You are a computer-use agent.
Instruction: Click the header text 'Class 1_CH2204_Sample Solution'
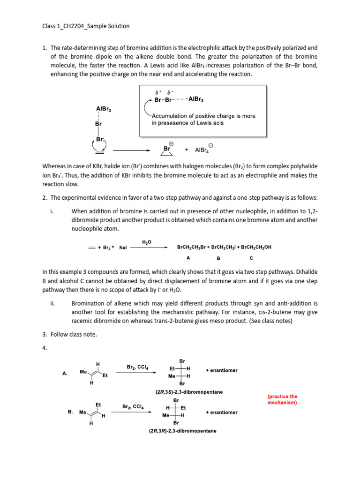tap(86, 26)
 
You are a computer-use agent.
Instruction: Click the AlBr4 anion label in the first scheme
tap(204, 150)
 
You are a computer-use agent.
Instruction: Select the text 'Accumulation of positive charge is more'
tap(204, 116)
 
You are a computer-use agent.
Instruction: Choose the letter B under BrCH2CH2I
tap(218, 258)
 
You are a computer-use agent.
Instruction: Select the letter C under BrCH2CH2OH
tap(251, 258)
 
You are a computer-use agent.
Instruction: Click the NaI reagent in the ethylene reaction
tap(123, 247)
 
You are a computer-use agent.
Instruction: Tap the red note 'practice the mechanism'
tap(282, 399)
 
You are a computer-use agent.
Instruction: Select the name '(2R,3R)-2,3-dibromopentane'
tap(183, 431)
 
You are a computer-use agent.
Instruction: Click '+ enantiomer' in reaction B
tap(221, 412)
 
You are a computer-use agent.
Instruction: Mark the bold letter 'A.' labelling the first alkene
tap(65, 374)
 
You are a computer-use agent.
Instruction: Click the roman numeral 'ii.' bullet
tap(52, 303)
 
